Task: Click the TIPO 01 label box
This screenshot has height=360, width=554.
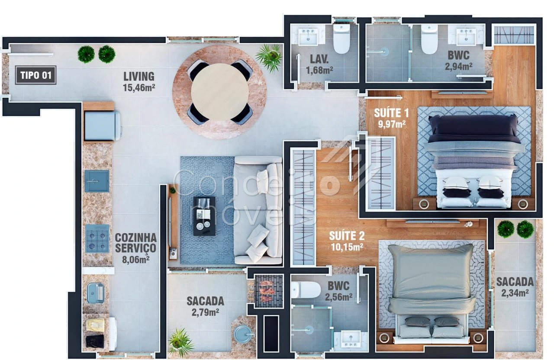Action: tap(35, 75)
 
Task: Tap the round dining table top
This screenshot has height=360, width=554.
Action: tap(219, 92)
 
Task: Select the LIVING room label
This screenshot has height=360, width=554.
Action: tap(139, 77)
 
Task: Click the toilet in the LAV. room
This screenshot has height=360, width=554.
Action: tap(341, 39)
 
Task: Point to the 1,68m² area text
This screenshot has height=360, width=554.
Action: tap(319, 70)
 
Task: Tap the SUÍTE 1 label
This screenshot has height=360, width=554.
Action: tap(391, 113)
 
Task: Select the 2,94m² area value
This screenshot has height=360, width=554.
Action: tap(458, 66)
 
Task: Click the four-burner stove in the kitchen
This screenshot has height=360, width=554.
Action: tap(97, 238)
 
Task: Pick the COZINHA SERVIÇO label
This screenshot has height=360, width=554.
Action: tap(136, 243)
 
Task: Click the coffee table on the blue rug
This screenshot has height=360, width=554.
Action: tap(204, 216)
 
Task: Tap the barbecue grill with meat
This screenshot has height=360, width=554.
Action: tap(269, 291)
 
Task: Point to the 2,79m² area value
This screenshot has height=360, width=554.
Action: tap(205, 312)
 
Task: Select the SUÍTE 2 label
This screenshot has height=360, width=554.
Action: tap(347, 236)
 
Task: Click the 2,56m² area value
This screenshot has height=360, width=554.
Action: tap(338, 297)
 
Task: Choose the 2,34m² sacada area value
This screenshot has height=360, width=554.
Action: tap(515, 293)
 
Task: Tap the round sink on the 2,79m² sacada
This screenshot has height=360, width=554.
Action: tap(243, 334)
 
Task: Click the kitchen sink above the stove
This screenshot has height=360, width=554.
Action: tap(97, 181)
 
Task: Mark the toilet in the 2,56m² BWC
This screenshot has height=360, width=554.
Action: tap(306, 290)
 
